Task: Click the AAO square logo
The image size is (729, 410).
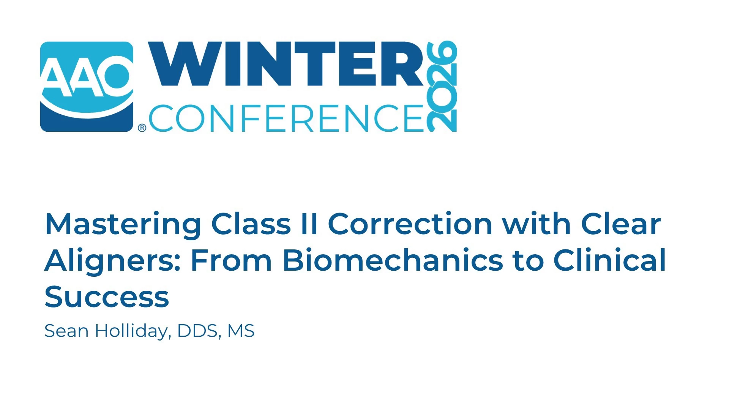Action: pos(87,87)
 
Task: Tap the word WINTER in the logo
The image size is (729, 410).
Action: pos(286,64)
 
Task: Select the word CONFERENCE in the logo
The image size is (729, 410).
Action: pos(286,118)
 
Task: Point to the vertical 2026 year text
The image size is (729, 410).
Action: pos(442,86)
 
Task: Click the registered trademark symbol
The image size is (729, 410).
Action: pos(142,128)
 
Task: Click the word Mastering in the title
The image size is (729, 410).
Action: pos(123,225)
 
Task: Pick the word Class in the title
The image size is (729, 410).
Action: pos(251,224)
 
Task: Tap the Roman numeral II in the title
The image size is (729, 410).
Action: pos(309,224)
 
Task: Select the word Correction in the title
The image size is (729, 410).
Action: pos(410,224)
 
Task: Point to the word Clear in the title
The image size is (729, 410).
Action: pos(621,224)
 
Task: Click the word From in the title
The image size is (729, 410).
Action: pos(231,260)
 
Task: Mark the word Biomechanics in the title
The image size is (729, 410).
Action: pos(393,260)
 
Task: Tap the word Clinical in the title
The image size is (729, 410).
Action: pos(609,260)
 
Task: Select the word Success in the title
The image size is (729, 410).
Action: pos(107,297)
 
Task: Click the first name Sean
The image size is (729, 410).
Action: pos(66,331)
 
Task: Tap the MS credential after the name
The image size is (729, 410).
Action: pos(241,331)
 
